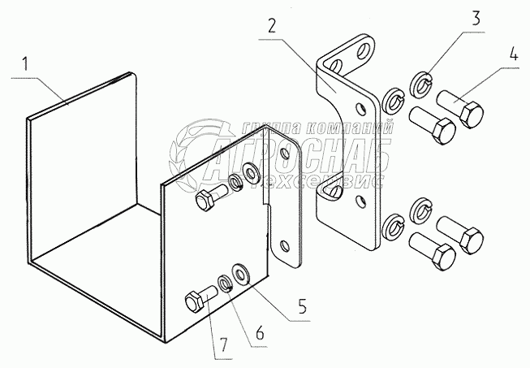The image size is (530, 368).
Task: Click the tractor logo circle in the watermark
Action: (x=199, y=150)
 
